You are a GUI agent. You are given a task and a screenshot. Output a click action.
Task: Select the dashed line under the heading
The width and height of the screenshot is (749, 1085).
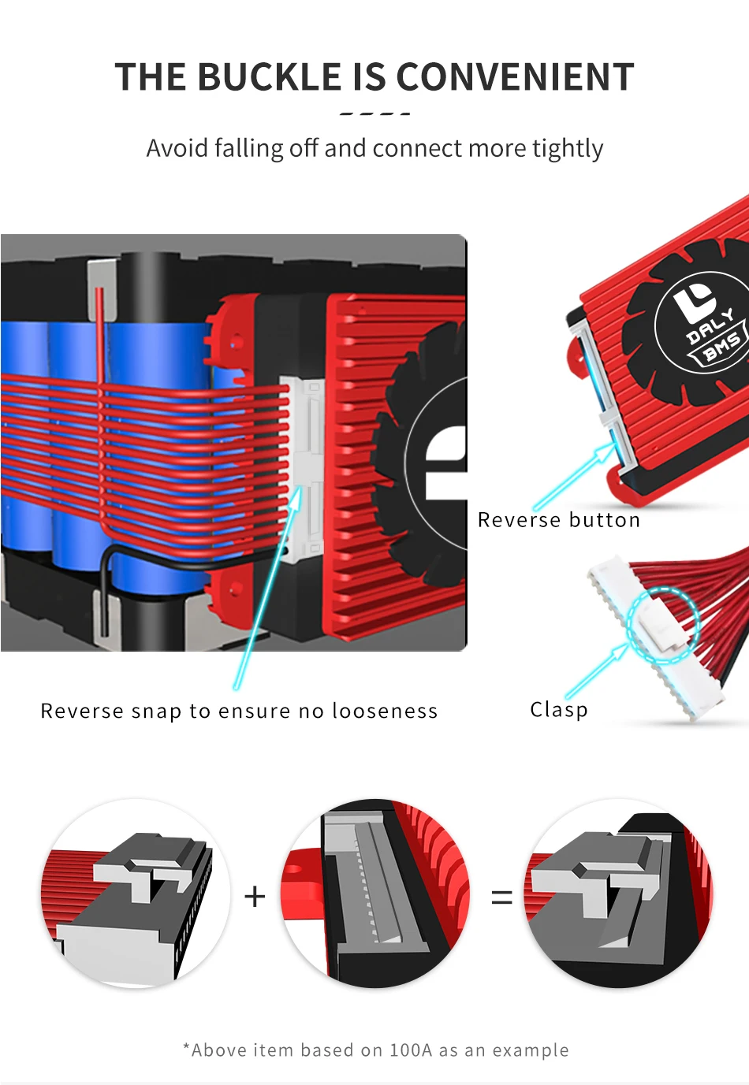374,114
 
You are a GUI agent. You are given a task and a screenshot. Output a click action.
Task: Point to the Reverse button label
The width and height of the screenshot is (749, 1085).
558,520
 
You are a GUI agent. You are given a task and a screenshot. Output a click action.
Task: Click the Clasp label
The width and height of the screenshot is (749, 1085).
558,709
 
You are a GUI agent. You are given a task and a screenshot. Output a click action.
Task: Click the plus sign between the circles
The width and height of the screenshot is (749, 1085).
255,896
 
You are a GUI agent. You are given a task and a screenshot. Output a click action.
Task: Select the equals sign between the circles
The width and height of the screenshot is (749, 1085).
501,897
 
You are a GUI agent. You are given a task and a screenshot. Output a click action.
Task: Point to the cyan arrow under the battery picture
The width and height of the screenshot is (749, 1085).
264,591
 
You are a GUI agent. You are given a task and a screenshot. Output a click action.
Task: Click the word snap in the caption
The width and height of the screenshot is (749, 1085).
156,712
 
